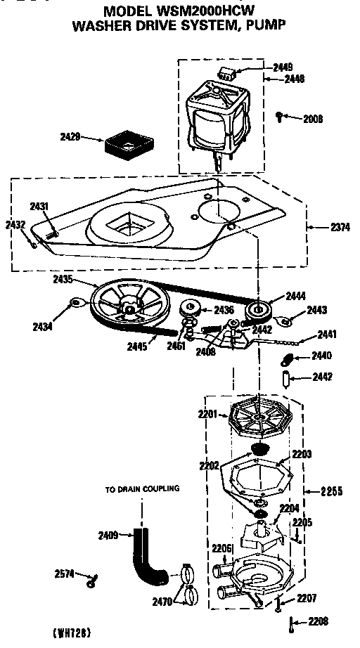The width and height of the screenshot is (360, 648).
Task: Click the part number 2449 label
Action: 283,67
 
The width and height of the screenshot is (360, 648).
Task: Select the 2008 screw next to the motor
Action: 280,116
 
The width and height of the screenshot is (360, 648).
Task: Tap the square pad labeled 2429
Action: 127,145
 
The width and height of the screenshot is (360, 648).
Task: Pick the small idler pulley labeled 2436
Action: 189,309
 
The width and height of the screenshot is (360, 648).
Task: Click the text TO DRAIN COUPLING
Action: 142,488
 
